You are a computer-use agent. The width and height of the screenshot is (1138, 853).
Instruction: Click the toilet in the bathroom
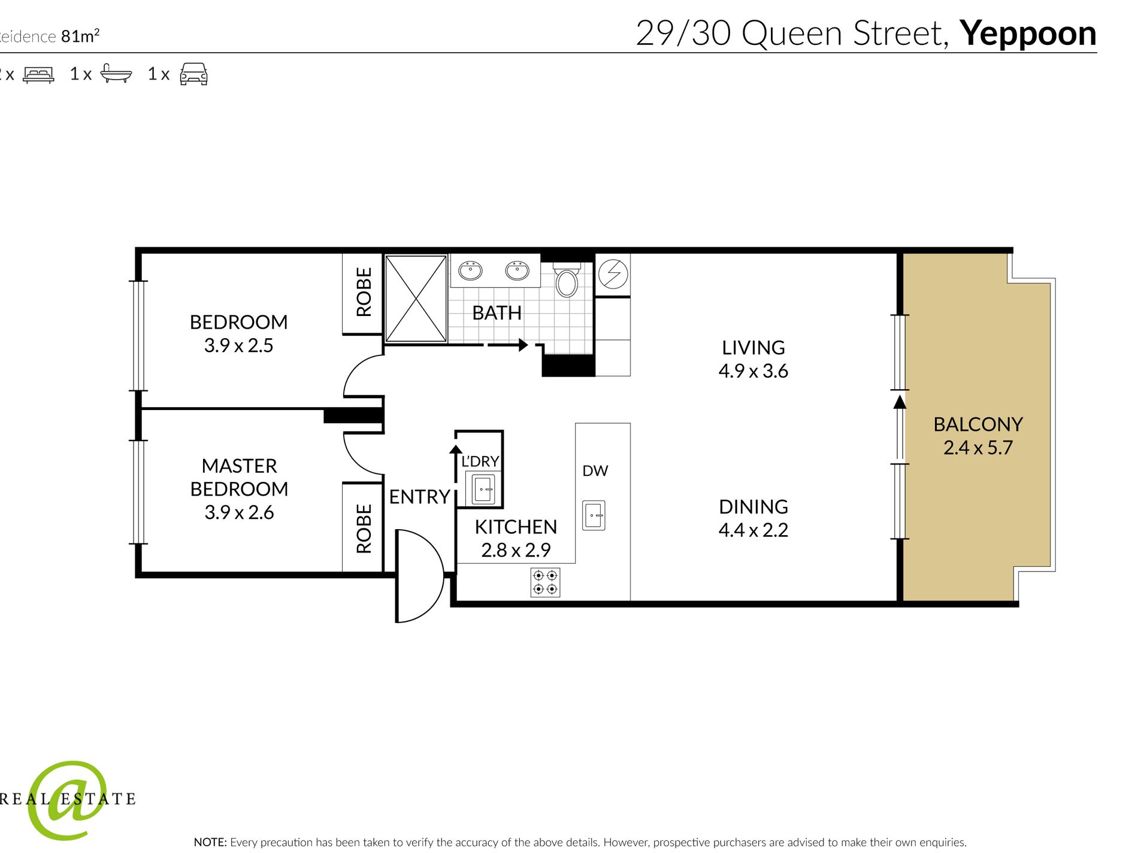click(x=566, y=280)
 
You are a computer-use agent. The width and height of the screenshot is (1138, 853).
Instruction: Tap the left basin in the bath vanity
click(x=471, y=271)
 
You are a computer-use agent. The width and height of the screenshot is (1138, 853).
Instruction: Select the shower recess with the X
click(x=416, y=299)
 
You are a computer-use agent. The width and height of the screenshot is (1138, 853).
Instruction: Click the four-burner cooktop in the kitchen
click(x=545, y=582)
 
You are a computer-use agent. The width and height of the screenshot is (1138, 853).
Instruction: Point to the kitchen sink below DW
click(x=594, y=515)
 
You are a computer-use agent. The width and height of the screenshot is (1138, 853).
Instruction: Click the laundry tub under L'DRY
click(x=483, y=489)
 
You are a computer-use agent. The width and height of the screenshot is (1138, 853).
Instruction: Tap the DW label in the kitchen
click(x=595, y=471)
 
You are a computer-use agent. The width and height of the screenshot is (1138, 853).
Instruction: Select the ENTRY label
click(x=419, y=497)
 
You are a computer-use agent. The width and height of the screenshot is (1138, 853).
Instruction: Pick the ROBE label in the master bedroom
click(x=364, y=529)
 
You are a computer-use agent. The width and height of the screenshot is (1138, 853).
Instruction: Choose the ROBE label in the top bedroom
click(x=364, y=292)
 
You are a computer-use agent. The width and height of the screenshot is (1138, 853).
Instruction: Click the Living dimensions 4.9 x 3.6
click(x=753, y=371)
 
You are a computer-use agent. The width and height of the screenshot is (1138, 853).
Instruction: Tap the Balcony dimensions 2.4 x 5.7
click(x=978, y=448)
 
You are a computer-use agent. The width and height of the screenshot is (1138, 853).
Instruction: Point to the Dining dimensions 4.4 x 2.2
click(x=753, y=530)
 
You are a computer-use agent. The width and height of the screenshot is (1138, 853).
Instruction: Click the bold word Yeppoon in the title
click(x=1028, y=35)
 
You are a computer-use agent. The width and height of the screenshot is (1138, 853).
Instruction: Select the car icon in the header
click(x=193, y=74)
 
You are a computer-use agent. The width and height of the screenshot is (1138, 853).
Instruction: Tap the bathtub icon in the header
click(x=116, y=73)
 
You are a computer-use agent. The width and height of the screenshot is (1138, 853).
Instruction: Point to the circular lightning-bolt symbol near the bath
click(x=613, y=274)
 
